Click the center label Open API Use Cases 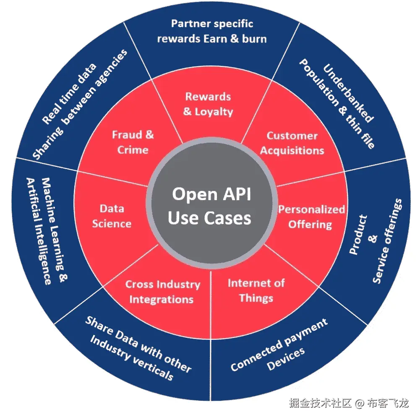coord(211,206)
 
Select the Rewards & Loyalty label coord(208,104)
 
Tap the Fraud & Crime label coord(133,142)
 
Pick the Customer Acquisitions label coord(292,143)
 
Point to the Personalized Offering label coord(311,217)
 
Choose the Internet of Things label coord(256,290)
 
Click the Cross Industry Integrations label coord(162,292)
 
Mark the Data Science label coord(112,216)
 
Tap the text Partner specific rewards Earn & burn coord(211,31)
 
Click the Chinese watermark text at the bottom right coord(348,404)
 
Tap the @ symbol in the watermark coord(359,404)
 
